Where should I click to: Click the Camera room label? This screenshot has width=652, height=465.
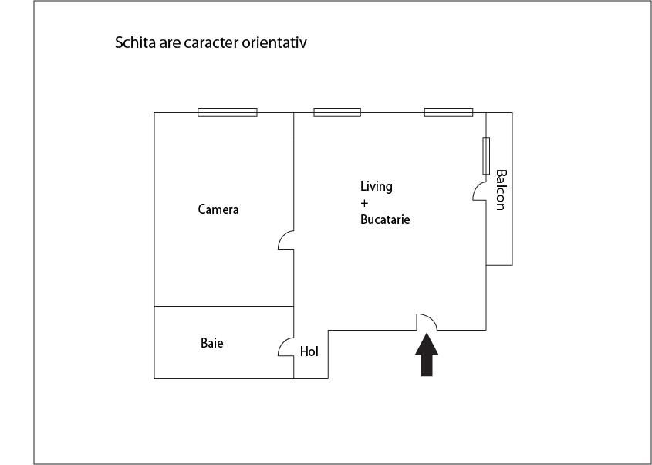(x=218, y=209)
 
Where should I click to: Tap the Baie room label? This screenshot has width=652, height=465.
(x=212, y=343)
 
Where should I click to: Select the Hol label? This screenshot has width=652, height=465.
(x=309, y=351)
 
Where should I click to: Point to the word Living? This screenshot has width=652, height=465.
(x=377, y=186)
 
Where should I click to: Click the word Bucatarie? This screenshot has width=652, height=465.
(x=385, y=219)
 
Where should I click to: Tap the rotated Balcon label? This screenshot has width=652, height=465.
(x=501, y=190)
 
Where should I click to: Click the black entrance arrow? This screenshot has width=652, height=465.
(x=427, y=355)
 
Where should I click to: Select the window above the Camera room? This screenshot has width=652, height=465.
(x=228, y=113)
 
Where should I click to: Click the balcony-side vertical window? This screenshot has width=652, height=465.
(x=486, y=156)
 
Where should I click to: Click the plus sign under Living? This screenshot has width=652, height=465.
(x=365, y=204)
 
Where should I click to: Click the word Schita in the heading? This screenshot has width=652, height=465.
(x=135, y=42)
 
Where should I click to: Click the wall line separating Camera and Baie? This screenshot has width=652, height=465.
(x=224, y=307)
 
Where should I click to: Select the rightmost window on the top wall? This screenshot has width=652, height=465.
(x=448, y=113)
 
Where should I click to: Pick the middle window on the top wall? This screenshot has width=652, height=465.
(x=337, y=113)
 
